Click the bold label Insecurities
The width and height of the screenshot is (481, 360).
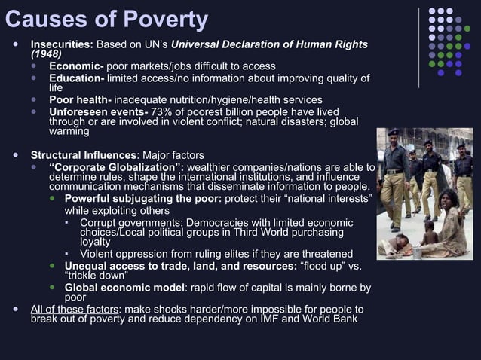click(x=61, y=44)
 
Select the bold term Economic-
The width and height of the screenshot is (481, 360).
click(x=77, y=66)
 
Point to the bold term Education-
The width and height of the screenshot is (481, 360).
click(x=78, y=78)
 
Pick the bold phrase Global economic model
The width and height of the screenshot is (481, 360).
click(x=124, y=287)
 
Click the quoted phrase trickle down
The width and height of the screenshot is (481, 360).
click(x=95, y=276)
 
